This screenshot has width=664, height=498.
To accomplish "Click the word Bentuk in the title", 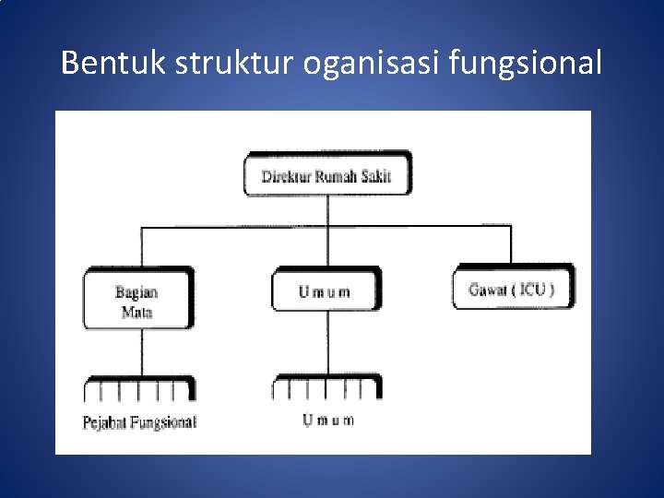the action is coord(101,64).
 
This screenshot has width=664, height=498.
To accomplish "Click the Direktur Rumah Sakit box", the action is coord(327,176).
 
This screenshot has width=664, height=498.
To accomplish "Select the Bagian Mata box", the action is coord(138,301).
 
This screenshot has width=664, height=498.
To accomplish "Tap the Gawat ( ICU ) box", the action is coord(512,289).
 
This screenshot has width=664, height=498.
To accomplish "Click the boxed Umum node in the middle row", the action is coord(325,291).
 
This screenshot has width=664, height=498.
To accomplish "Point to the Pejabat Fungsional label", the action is coord(140,423).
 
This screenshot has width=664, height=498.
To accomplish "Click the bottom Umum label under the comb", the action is coord(328,421).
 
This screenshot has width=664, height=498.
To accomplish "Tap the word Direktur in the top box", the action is coord(286,176).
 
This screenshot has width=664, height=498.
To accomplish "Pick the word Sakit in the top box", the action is coord(374,176).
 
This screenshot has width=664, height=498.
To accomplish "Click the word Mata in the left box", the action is coord(136,312).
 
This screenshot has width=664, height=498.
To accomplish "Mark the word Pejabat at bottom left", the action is coord(104,423).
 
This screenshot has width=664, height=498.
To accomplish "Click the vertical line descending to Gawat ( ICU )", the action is coord(511,245).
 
